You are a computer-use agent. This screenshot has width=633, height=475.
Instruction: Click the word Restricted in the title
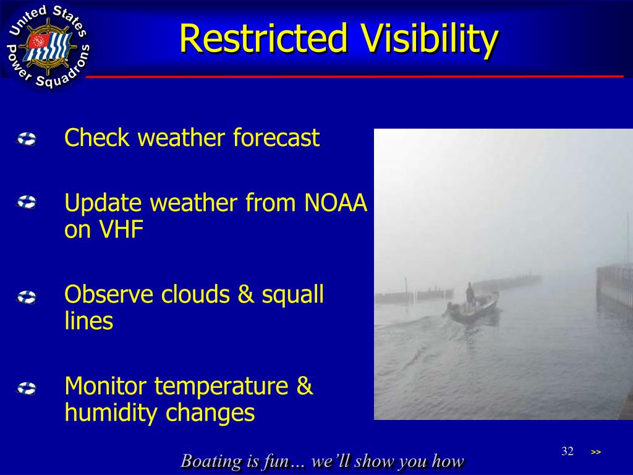tap(263, 38)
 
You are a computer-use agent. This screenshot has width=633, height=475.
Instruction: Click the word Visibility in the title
tap(430, 39)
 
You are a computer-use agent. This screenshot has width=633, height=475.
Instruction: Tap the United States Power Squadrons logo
tap(48, 46)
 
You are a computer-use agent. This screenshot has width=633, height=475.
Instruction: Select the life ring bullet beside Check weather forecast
tap(27, 139)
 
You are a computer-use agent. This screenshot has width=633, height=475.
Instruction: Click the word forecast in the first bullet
tap(276, 137)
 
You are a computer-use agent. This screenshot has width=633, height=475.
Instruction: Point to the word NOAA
tap(336, 203)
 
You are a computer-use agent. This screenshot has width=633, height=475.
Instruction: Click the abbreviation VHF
tap(121, 229)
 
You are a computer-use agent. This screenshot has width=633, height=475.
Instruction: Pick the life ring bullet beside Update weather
tap(27, 202)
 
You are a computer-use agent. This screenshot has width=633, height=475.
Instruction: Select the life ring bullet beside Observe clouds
tap(27, 297)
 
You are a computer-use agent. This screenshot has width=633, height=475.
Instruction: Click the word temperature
tap(221, 387)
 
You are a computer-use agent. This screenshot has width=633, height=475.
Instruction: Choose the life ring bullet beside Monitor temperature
tap(27, 388)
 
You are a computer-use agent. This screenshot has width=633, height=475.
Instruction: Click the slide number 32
tap(567, 451)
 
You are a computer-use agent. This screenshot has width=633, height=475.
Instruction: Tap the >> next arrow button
tap(596, 452)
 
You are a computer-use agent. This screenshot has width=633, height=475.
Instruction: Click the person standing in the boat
tap(470, 295)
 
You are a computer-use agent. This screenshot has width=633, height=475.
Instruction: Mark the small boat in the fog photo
tap(472, 307)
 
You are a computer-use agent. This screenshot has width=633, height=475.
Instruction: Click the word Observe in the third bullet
tap(109, 294)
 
